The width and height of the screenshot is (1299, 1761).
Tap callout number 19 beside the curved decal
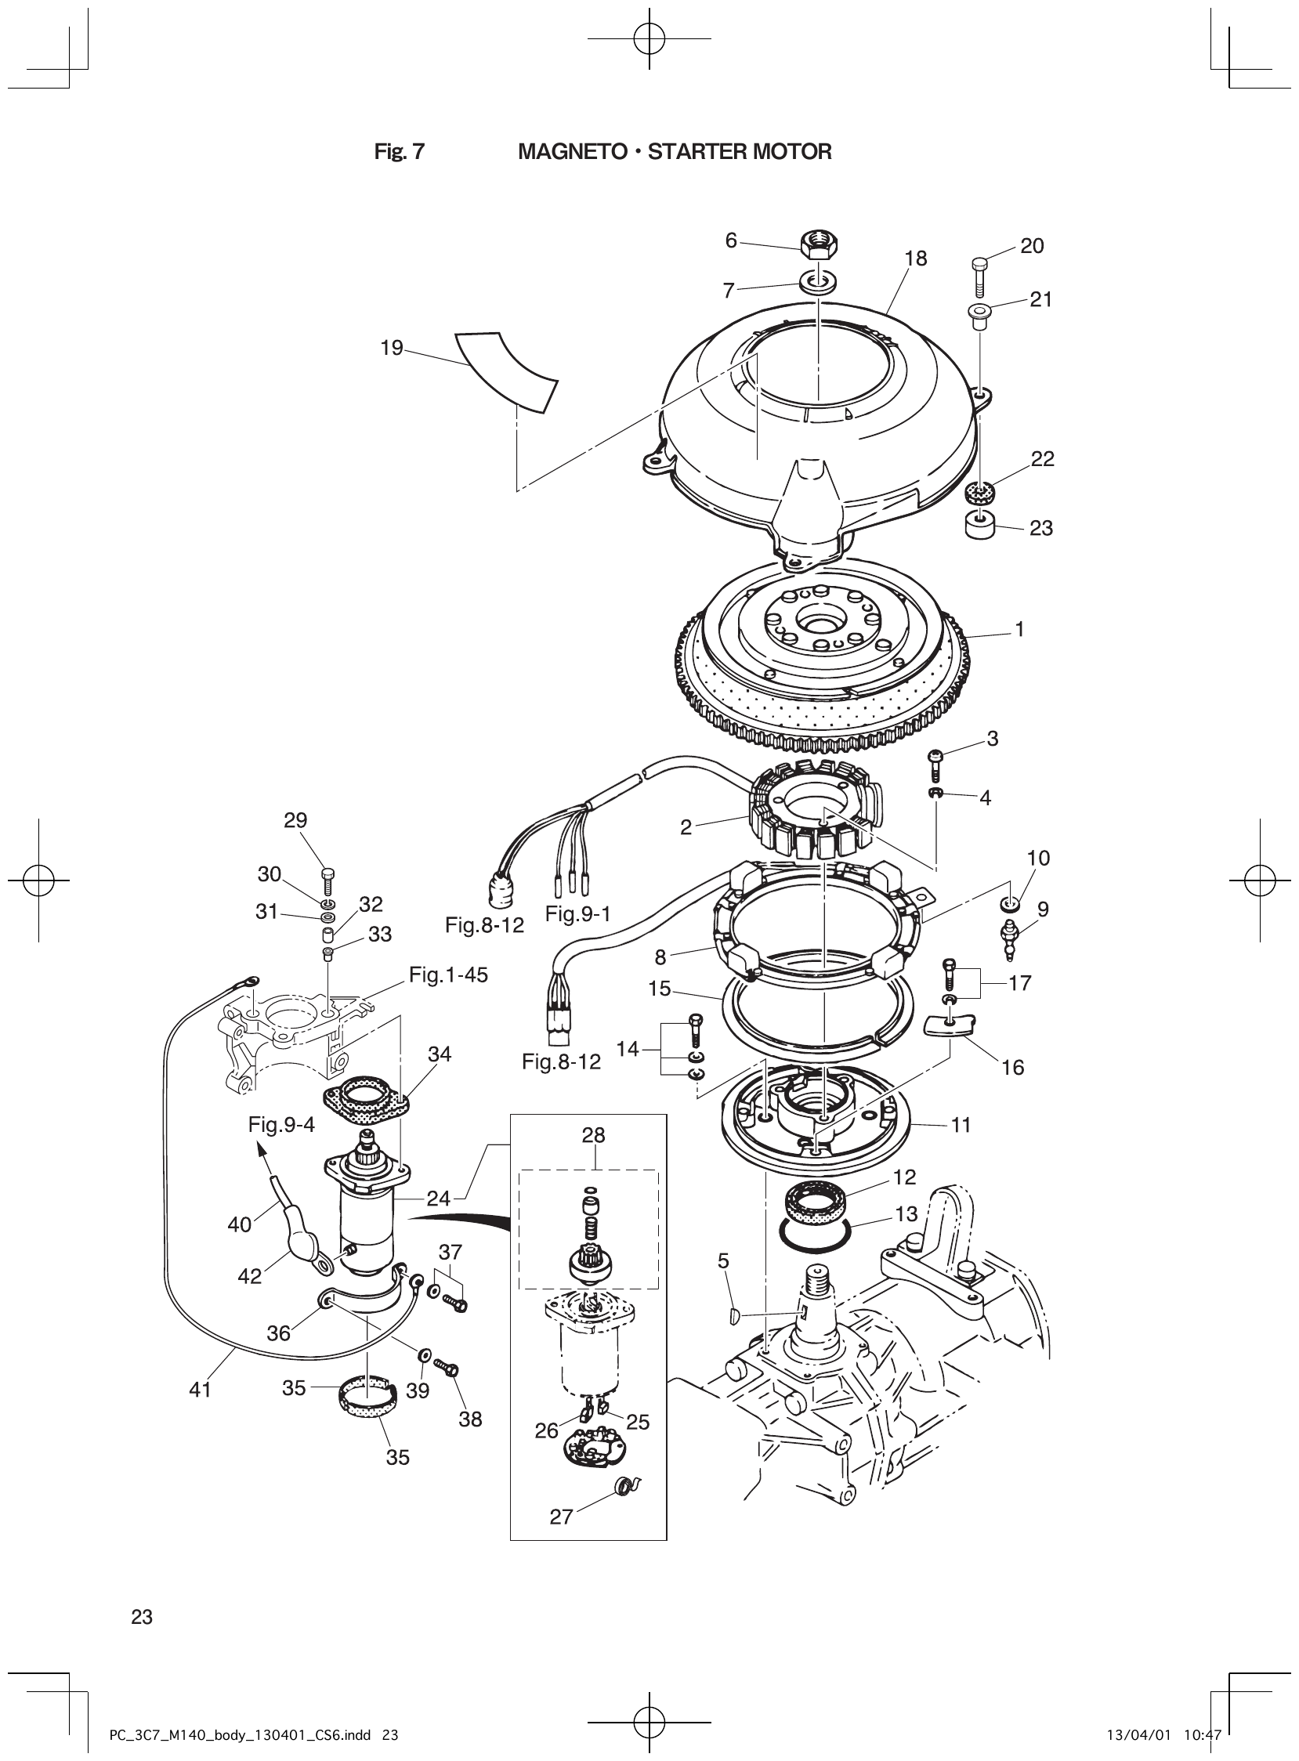pos(392,348)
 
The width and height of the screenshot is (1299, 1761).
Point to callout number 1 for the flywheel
pos(1020,629)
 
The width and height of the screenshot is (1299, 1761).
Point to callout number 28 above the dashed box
pos(594,1135)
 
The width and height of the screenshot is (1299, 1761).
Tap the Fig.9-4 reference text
pos(281,1125)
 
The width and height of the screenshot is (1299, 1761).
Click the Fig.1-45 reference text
pos(448,975)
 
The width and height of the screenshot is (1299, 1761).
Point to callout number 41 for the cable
pos(201,1390)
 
